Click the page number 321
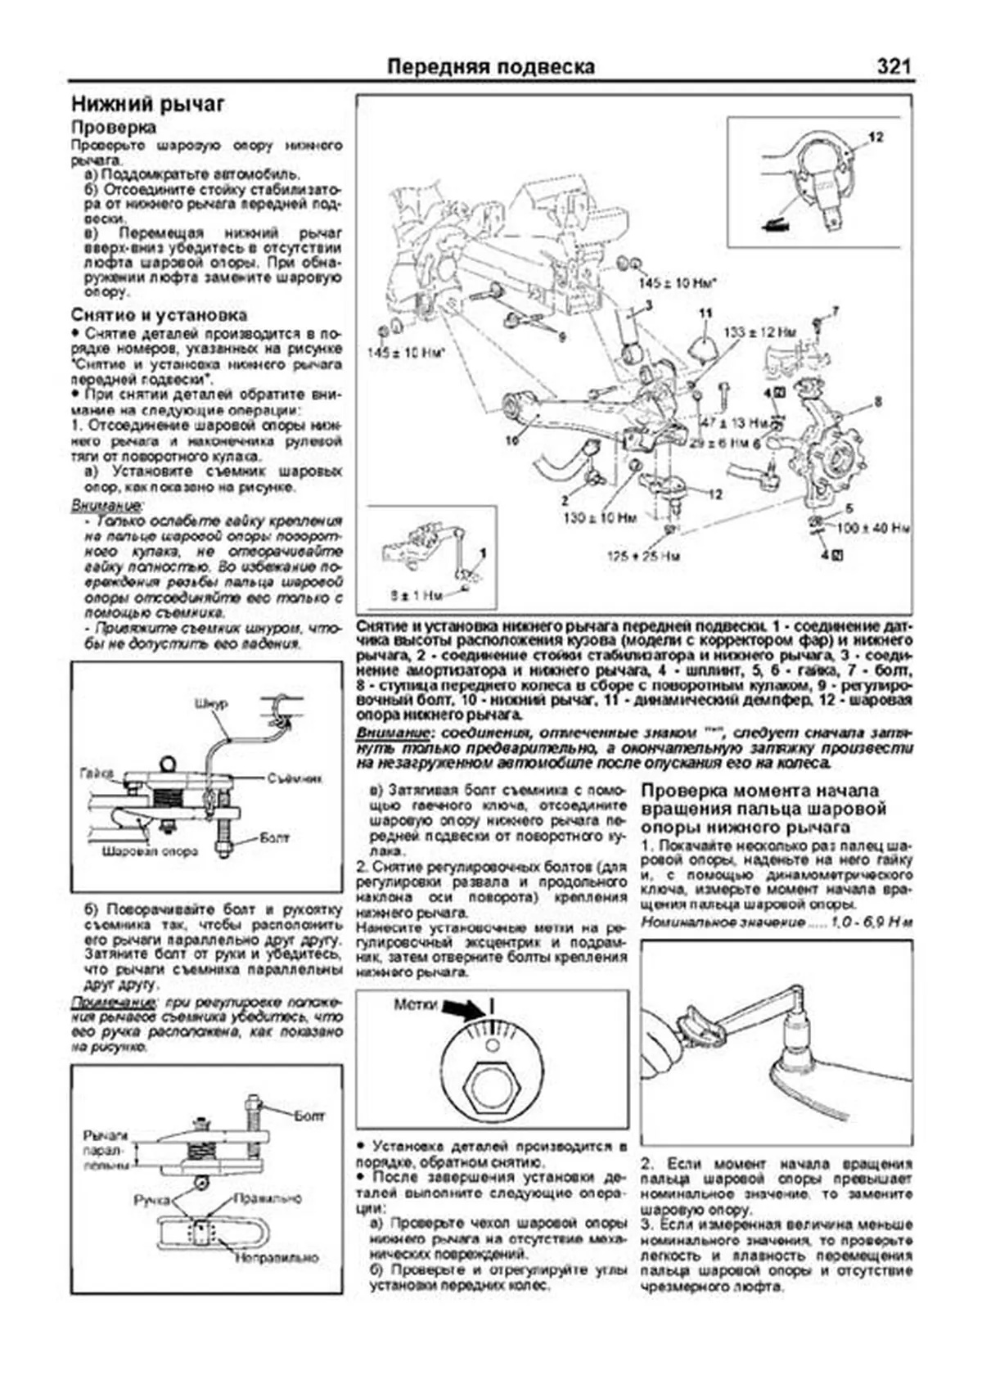893,66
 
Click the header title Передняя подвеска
490,66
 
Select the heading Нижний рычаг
148,105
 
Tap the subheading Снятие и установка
159,315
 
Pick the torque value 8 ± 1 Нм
416,596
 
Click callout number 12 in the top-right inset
876,138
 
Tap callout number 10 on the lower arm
511,440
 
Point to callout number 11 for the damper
705,313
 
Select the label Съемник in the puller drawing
295,778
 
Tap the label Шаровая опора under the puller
150,851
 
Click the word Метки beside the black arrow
416,1004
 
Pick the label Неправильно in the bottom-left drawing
277,1257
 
